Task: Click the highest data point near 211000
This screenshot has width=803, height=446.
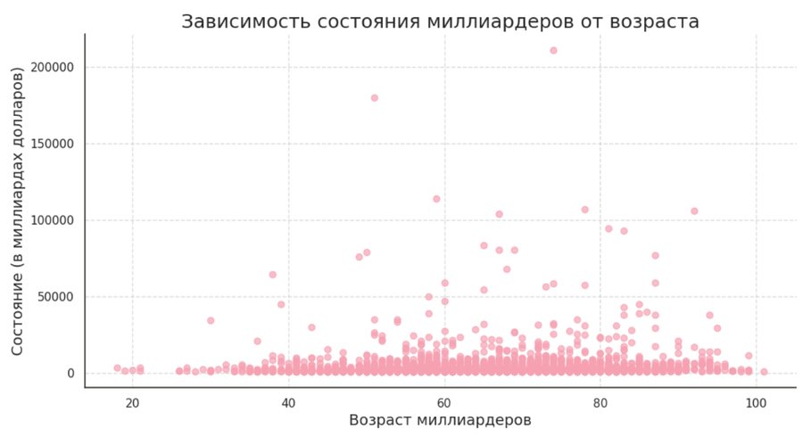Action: coord(553,50)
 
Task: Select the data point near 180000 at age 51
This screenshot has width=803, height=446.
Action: coord(374,98)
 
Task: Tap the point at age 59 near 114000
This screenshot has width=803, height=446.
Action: coord(436,199)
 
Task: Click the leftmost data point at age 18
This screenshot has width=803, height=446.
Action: coord(117,368)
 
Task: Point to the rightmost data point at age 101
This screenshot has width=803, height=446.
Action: coord(764,372)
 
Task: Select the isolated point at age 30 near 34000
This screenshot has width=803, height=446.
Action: coord(211,320)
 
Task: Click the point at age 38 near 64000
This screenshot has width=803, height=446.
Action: coord(273,275)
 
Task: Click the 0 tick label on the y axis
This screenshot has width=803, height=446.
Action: coord(70,374)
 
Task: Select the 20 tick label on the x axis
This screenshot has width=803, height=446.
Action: coord(132,403)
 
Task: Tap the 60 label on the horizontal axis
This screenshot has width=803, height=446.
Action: coord(444,403)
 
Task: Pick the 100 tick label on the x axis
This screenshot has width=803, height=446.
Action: coord(757,403)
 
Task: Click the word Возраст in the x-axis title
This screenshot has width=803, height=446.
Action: coord(382,420)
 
